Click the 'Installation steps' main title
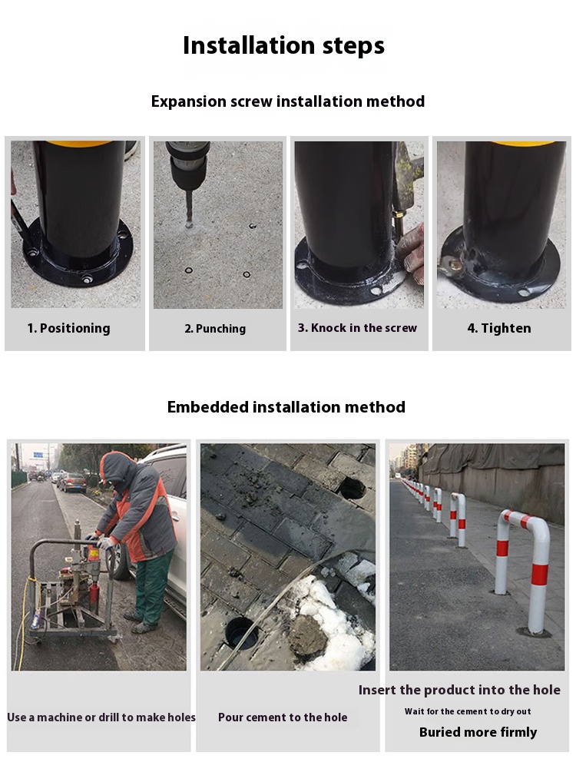point(283,45)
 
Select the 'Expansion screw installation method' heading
point(288,101)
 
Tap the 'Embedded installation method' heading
point(286,407)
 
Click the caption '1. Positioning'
point(69,328)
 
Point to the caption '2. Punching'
point(215,329)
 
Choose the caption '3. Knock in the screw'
point(357,328)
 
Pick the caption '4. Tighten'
point(498,328)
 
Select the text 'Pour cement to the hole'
point(283,717)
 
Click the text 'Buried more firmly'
point(478,732)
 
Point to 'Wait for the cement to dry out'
point(468,711)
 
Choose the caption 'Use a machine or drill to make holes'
point(101,717)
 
